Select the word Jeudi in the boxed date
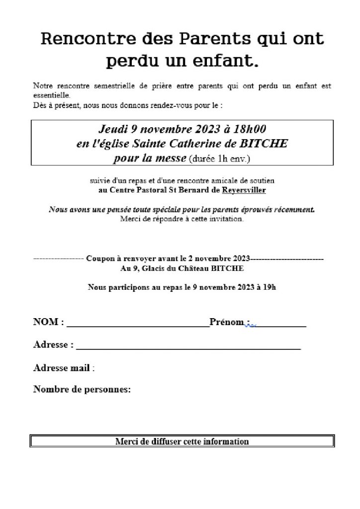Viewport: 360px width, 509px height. pos(113,129)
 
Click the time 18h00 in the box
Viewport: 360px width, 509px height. pos(250,129)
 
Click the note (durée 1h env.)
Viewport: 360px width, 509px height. pos(219,159)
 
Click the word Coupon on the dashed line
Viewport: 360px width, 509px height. pos(101,259)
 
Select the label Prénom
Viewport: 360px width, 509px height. pos(226,322)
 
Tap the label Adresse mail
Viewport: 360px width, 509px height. pos(62,368)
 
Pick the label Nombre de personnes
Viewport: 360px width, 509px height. pos(82,389)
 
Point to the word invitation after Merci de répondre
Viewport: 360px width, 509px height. pos(227,219)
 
